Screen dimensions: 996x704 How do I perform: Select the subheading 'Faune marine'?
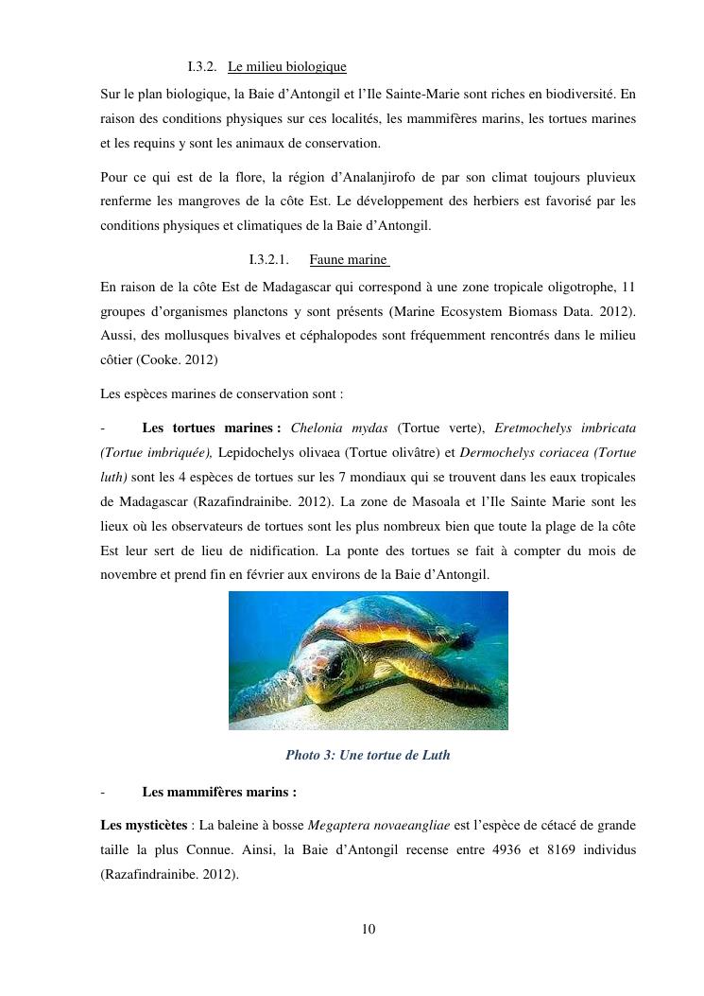coord(349,259)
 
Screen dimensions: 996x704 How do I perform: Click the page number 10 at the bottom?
coord(369,929)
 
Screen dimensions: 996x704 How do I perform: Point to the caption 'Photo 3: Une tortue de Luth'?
coord(368,755)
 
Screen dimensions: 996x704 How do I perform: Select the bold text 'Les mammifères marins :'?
coord(219,792)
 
